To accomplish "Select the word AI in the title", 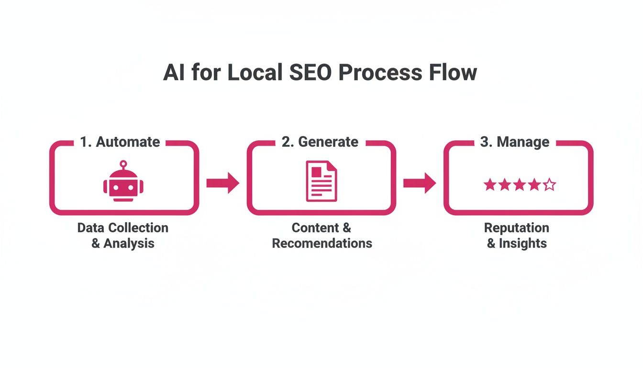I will click(x=174, y=73).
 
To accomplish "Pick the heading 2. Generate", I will click(x=320, y=142).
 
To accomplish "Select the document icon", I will click(x=321, y=181).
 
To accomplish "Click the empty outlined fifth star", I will click(x=549, y=184).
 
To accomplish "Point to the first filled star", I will click(x=489, y=184).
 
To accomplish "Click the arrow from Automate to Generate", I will click(x=222, y=183).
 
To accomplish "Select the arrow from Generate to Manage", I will click(x=420, y=183).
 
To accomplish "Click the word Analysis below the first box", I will click(x=129, y=243).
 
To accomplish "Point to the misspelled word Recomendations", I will click(x=322, y=243).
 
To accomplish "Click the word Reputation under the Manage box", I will click(x=517, y=228).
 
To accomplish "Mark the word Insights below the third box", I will click(x=522, y=243).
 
